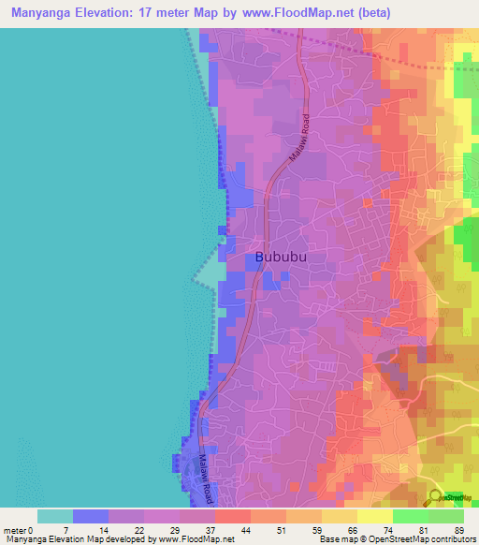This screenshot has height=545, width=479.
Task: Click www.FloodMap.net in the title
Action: point(300,13)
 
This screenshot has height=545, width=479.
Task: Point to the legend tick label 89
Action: point(459,530)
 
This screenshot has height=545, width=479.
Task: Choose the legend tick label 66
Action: point(323,530)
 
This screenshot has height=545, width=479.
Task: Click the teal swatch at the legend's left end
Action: point(55,517)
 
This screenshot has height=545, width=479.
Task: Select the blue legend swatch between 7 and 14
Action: point(91,517)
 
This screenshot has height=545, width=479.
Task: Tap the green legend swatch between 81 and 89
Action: point(446,517)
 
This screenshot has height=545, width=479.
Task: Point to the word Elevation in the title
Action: point(117,13)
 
